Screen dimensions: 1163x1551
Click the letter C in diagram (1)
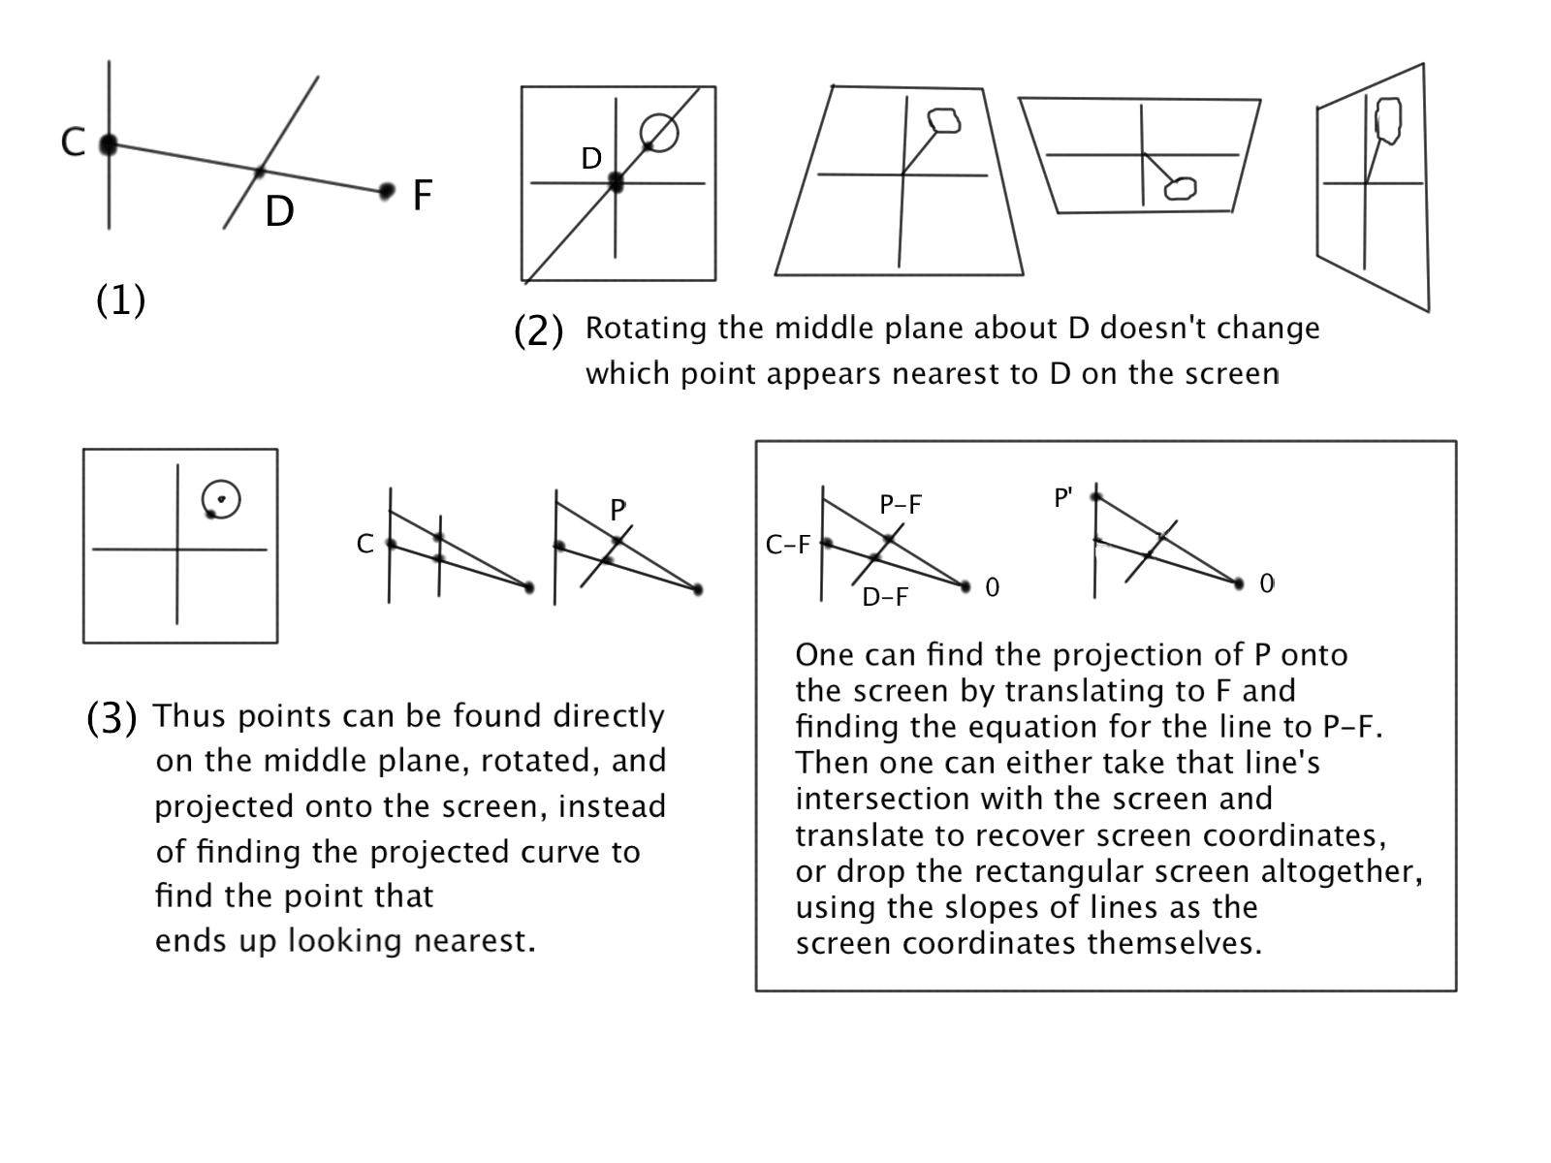73,142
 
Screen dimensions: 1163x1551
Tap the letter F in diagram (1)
422,195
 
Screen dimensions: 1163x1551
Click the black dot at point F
387,190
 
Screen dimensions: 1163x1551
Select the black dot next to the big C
109,145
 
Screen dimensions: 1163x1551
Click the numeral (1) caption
120,300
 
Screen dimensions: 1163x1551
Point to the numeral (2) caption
538,331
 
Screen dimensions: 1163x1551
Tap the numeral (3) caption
111,718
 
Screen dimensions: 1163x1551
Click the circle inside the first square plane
659,132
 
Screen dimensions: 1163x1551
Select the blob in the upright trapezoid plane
944,120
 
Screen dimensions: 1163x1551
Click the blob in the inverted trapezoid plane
1180,188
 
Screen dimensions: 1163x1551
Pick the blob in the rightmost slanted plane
1389,120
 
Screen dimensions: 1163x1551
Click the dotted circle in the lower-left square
221,500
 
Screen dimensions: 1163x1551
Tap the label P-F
901,505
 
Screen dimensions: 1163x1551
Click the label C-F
787,546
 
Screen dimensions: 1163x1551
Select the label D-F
885,598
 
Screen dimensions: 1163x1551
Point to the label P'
1063,498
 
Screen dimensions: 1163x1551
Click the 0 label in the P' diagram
1267,583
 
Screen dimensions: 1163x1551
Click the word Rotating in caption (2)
646,329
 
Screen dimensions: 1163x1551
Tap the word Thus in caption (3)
190,716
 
